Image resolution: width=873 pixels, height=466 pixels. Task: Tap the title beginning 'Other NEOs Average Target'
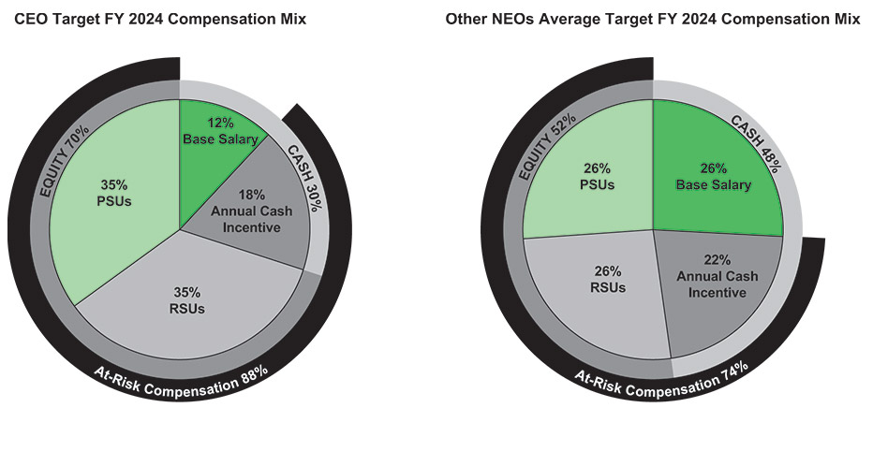tap(653, 19)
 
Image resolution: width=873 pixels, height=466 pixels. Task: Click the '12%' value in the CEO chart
tap(219, 121)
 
